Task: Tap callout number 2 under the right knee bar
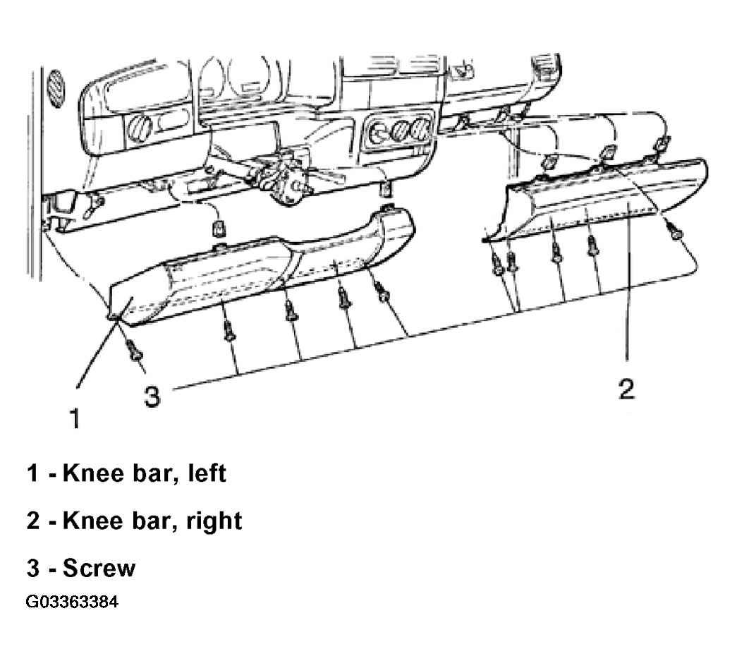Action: pyautogui.click(x=626, y=389)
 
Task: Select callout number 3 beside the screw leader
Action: pyautogui.click(x=152, y=396)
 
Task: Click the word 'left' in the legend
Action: pyautogui.click(x=207, y=473)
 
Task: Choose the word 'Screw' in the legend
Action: pyautogui.click(x=99, y=567)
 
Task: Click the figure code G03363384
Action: pyautogui.click(x=72, y=602)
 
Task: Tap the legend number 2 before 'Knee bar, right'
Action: pyautogui.click(x=33, y=521)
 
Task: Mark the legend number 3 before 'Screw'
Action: pyautogui.click(x=33, y=567)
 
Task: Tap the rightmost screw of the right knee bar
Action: pyautogui.click(x=675, y=231)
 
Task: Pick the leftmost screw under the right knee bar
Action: pyautogui.click(x=497, y=267)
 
